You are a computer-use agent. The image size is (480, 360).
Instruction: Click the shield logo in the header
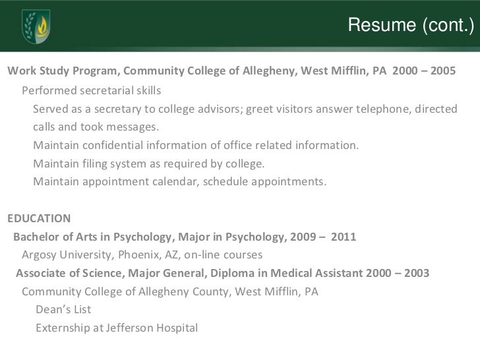36,26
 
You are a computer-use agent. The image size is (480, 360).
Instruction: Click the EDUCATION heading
38,218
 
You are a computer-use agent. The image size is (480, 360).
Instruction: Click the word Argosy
41,255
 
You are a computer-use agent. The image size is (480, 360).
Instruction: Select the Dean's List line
63,309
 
